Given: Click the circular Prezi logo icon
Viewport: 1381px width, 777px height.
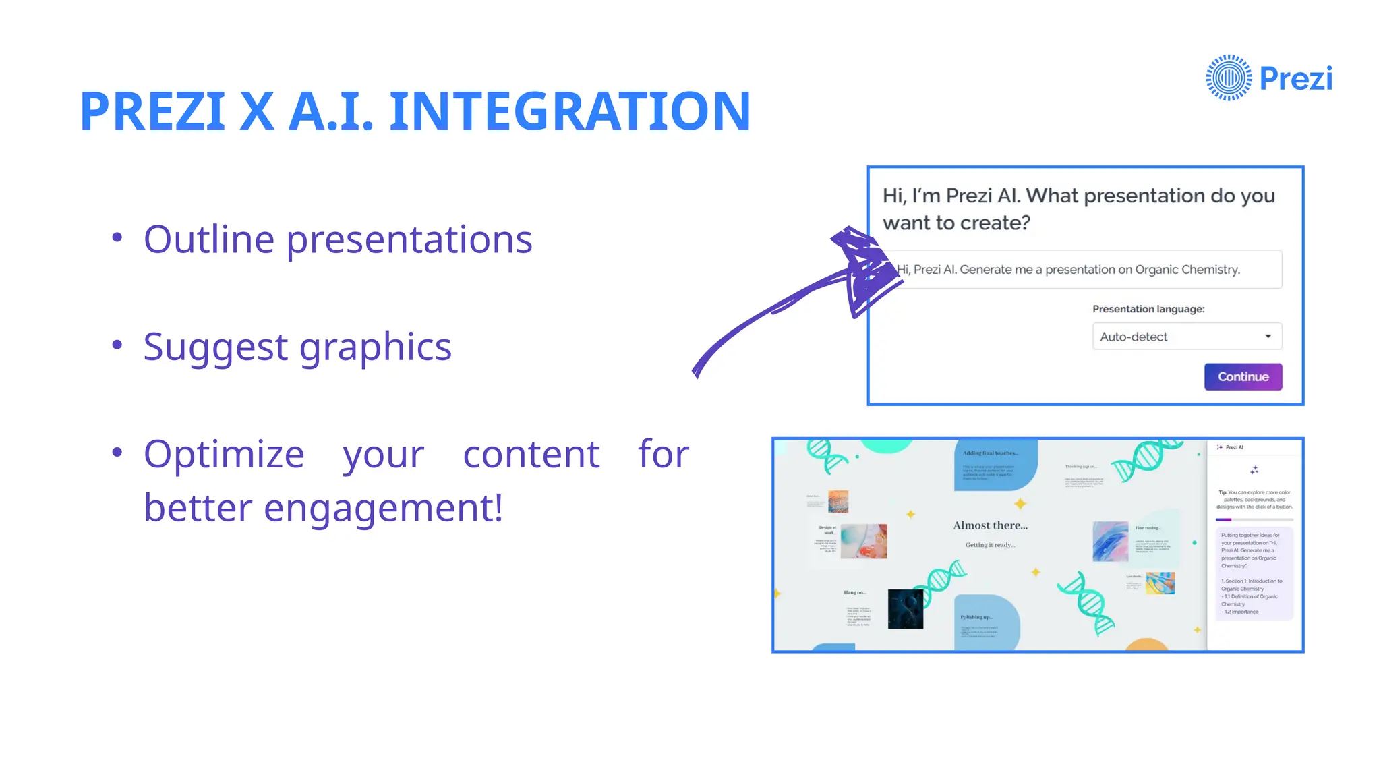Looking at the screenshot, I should tap(1229, 78).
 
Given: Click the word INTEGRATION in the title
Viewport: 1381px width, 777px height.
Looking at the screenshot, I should tap(570, 111).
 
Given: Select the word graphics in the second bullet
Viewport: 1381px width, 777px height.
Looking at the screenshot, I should tap(375, 347).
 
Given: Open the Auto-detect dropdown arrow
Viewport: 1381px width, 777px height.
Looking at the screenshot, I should tap(1268, 337).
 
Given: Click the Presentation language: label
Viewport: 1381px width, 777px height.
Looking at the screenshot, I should tap(1148, 309).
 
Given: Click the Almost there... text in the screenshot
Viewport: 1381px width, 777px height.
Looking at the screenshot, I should tap(990, 525).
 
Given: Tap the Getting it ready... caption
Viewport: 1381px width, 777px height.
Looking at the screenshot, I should tap(989, 545).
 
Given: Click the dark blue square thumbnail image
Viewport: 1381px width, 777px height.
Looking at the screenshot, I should tap(905, 608).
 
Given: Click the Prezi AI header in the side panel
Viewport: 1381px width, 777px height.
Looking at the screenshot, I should tap(1234, 447).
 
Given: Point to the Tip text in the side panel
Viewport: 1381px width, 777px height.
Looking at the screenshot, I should tap(1254, 500).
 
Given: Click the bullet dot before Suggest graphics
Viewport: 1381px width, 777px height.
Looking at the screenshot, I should tap(117, 345).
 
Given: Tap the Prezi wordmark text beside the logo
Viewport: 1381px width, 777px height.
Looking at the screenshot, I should tap(1295, 79).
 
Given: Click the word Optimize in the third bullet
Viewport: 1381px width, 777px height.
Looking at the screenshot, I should tap(224, 455).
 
